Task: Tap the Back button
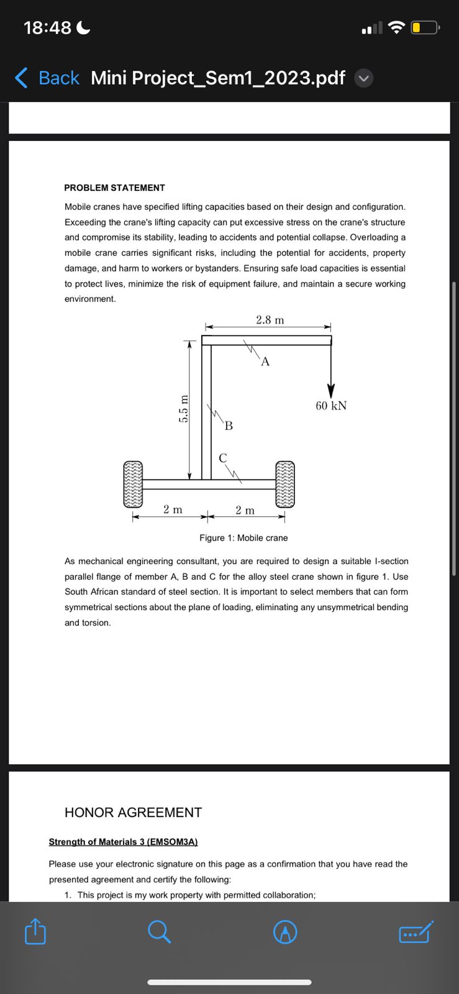[x=47, y=78]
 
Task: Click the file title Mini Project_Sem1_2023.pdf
[x=217, y=78]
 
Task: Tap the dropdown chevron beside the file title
[x=364, y=78]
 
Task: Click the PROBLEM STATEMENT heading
[x=114, y=188]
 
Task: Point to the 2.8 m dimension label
[x=270, y=320]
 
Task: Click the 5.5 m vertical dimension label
[x=183, y=408]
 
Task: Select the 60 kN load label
[x=331, y=406]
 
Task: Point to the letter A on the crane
[x=265, y=362]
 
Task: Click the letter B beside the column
[x=229, y=426]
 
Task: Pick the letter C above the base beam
[x=223, y=458]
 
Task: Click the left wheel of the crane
[x=133, y=484]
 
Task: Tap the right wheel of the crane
[x=285, y=484]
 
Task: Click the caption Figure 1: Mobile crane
[x=243, y=538]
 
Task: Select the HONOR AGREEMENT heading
[x=133, y=813]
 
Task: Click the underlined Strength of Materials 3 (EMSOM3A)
[x=123, y=842]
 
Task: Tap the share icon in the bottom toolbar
[x=35, y=931]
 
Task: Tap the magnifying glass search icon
[x=160, y=931]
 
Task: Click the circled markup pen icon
[x=285, y=932]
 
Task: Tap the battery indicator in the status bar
[x=425, y=28]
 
